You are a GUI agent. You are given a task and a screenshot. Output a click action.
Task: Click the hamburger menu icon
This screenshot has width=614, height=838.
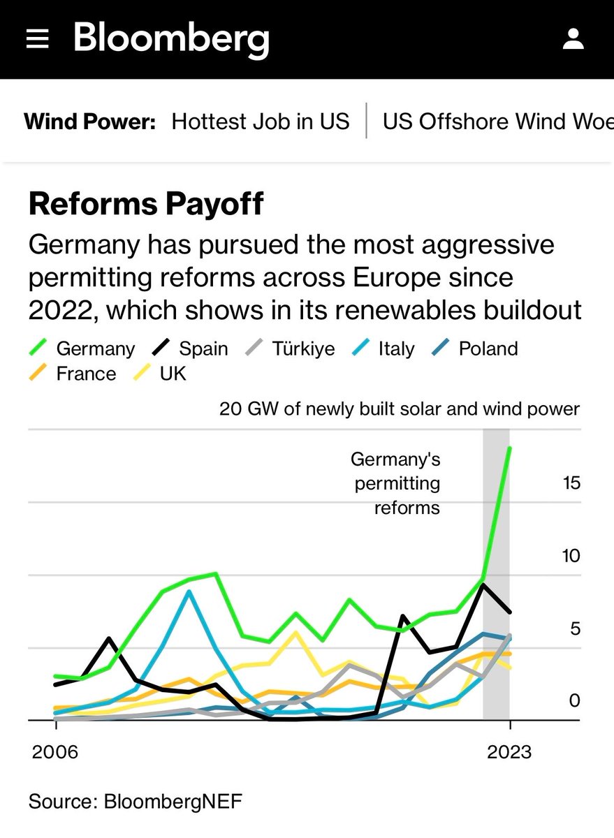pyautogui.click(x=37, y=40)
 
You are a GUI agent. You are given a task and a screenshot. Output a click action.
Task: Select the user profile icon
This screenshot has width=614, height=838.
pyautogui.click(x=573, y=39)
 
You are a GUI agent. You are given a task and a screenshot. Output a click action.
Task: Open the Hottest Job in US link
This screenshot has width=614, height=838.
pyautogui.click(x=260, y=122)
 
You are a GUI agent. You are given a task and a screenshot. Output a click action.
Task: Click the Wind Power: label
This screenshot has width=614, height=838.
pyautogui.click(x=89, y=122)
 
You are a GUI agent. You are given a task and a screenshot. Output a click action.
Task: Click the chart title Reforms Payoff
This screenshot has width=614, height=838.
pyautogui.click(x=146, y=204)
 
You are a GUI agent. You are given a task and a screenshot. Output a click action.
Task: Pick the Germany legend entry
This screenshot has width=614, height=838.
pyautogui.click(x=82, y=348)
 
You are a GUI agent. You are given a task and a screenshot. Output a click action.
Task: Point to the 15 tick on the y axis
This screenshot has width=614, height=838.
pyautogui.click(x=571, y=483)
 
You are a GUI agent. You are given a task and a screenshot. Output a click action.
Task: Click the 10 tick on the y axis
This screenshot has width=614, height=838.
pyautogui.click(x=571, y=556)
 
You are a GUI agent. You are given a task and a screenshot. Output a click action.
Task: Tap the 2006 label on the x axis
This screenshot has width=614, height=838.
pyautogui.click(x=56, y=752)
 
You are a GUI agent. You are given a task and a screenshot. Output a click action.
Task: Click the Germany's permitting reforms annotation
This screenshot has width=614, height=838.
pyautogui.click(x=395, y=483)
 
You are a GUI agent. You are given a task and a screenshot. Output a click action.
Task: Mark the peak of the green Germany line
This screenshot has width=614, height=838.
pyautogui.click(x=509, y=448)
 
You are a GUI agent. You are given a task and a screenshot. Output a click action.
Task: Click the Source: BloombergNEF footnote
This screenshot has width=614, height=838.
pyautogui.click(x=136, y=801)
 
